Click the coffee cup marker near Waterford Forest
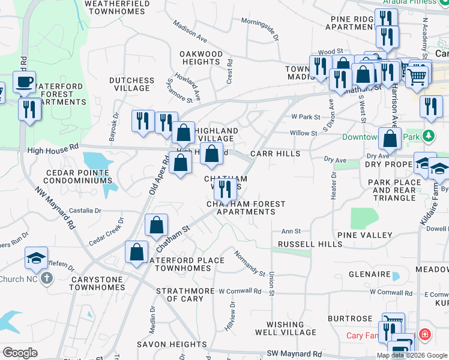tap(25, 82)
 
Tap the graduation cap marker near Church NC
tap(36, 258)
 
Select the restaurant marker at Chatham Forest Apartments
tap(225, 188)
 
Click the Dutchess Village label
tap(131, 84)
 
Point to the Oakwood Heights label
tap(202, 58)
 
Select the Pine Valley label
tap(364, 235)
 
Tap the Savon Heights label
tap(172, 344)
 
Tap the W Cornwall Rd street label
tap(240, 292)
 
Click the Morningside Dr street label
tap(260, 29)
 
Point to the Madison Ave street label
tap(190, 32)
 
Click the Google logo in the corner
tap(20, 353)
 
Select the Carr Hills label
tap(276, 154)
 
